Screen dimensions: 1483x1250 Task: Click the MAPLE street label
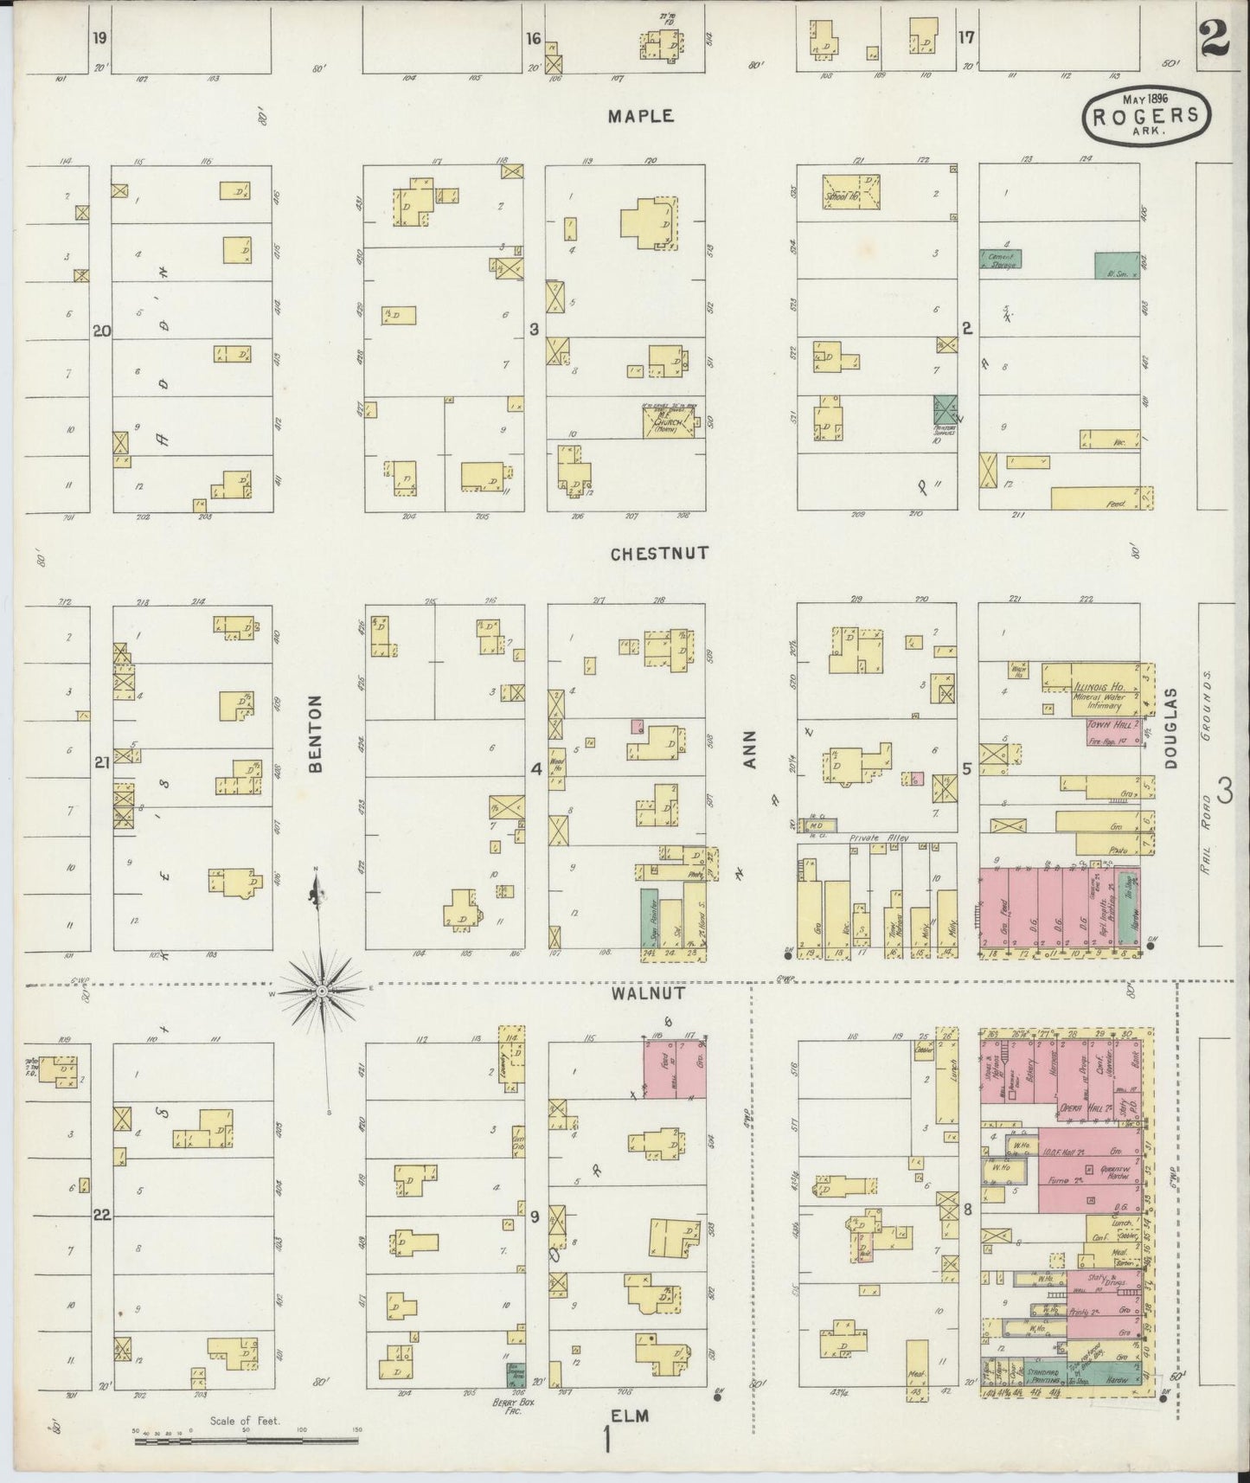point(640,116)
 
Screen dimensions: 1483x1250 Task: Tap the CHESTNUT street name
point(659,553)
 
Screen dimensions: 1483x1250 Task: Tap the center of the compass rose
point(322,989)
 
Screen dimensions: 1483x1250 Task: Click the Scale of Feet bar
point(247,1441)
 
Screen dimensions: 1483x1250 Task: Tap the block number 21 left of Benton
point(102,762)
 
